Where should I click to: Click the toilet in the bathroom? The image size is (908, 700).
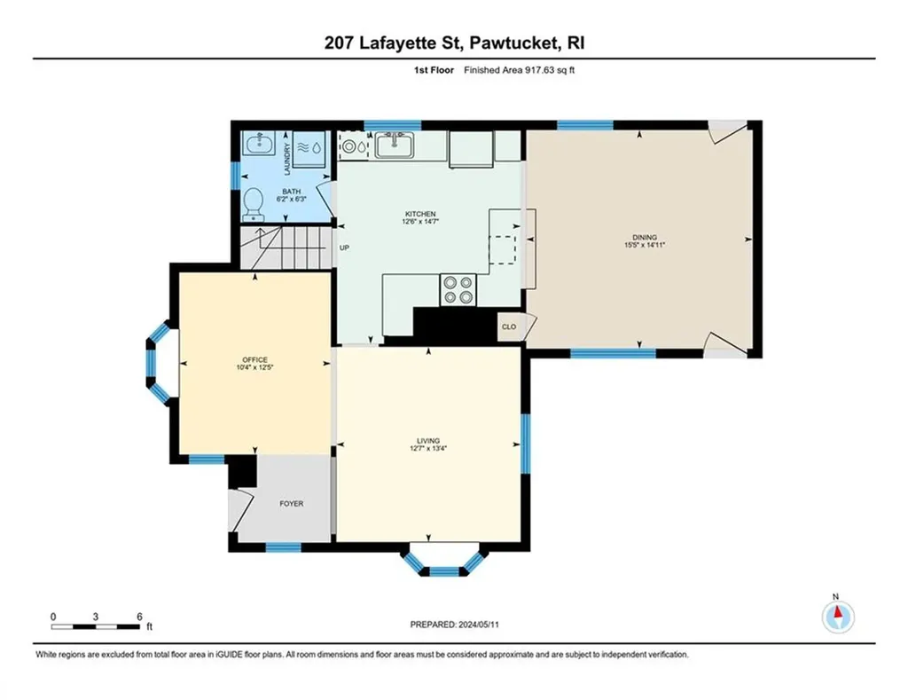point(253,205)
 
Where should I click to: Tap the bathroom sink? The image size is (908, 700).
point(258,144)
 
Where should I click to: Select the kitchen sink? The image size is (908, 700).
point(394,145)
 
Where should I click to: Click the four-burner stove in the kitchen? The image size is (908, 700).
point(458,290)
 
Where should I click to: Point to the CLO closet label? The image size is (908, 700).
point(509,326)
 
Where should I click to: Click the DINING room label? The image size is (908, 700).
point(645,237)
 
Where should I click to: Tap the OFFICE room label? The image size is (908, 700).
point(254,360)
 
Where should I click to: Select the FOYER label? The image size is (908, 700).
point(291,504)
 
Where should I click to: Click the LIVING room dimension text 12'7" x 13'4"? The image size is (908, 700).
point(428,449)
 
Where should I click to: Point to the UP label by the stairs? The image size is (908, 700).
point(345,248)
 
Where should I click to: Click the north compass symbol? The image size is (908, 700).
point(838,617)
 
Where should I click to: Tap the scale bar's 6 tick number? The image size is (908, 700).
point(139,617)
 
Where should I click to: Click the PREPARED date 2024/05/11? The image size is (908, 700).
point(479,625)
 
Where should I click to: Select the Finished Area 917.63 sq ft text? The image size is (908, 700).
point(519,70)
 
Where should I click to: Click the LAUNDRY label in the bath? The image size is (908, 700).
point(286,159)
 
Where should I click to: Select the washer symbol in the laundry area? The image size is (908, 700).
point(309,148)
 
